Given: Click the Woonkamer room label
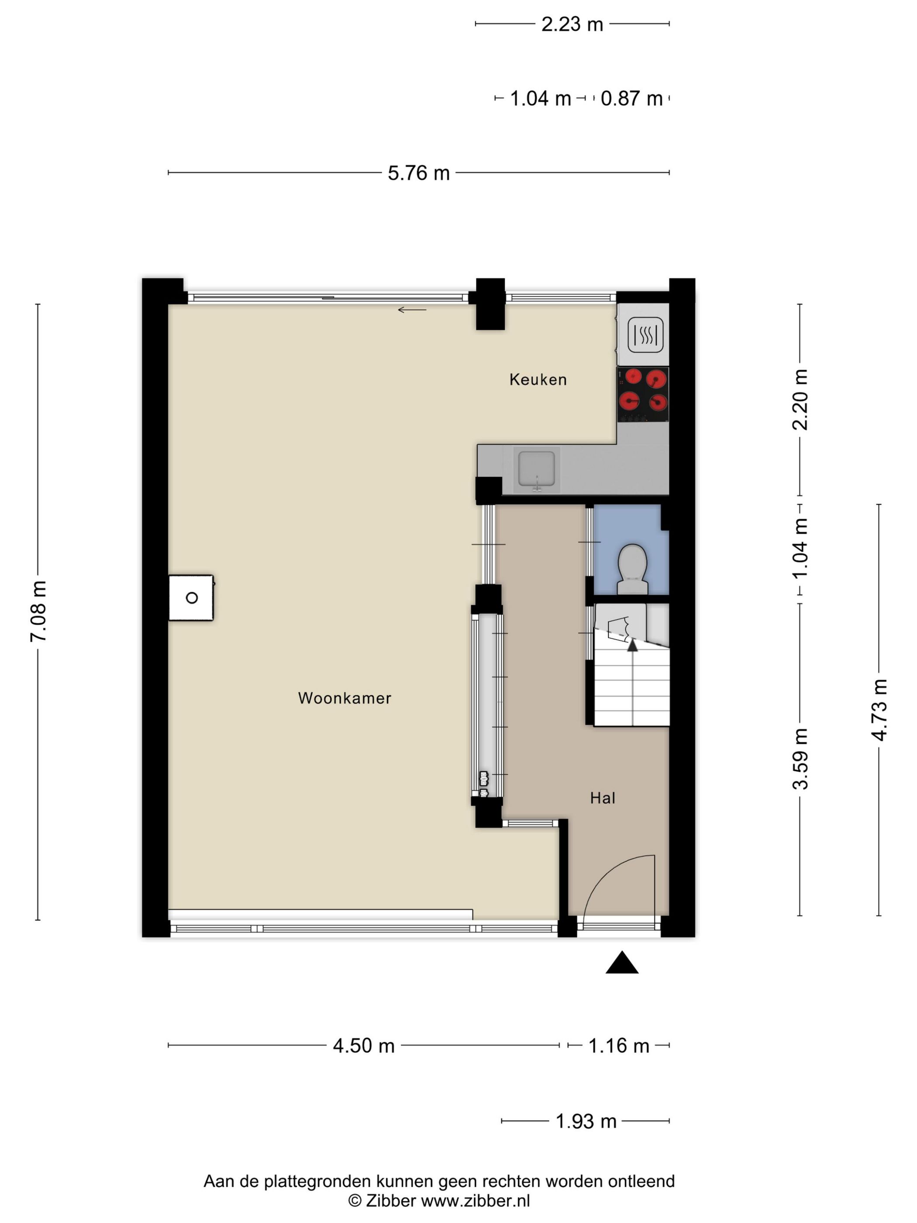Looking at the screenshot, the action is tap(345, 698).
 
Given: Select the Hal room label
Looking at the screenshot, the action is tap(603, 798).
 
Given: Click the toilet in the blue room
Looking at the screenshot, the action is tap(632, 570).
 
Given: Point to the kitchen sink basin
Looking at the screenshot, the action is tap(536, 469).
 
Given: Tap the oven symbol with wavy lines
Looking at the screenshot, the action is tap(645, 335).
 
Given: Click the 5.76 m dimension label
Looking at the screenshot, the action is tap(418, 173).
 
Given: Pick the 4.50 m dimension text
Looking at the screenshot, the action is tap(364, 1046).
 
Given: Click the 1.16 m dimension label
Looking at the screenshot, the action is tap(618, 1046).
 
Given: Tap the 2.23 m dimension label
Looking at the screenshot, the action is tap(572, 24).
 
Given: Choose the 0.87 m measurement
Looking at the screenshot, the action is tap(632, 98).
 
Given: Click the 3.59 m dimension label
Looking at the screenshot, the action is tap(800, 759).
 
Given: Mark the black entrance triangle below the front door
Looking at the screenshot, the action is tap(622, 963).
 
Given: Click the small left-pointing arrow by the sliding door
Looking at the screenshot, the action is tap(412, 310).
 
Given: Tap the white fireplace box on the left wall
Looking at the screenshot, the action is tap(191, 598).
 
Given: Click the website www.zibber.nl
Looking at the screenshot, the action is tap(476, 1200).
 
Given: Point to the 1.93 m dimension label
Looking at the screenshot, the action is tap(586, 1121).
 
